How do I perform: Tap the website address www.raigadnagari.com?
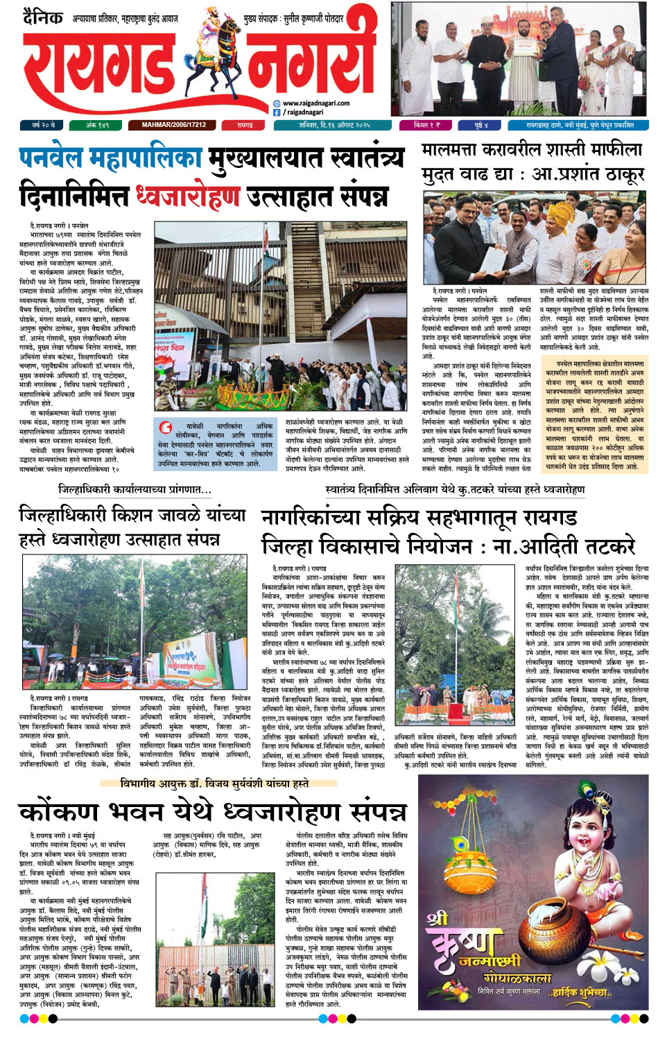(315, 103)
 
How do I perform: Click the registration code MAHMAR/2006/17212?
(173, 125)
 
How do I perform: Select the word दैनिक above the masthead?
(42, 17)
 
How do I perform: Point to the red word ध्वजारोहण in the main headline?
(187, 197)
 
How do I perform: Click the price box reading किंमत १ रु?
(426, 125)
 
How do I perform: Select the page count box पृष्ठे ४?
(481, 125)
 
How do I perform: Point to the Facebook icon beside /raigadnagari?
(277, 112)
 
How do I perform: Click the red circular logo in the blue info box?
(165, 427)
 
